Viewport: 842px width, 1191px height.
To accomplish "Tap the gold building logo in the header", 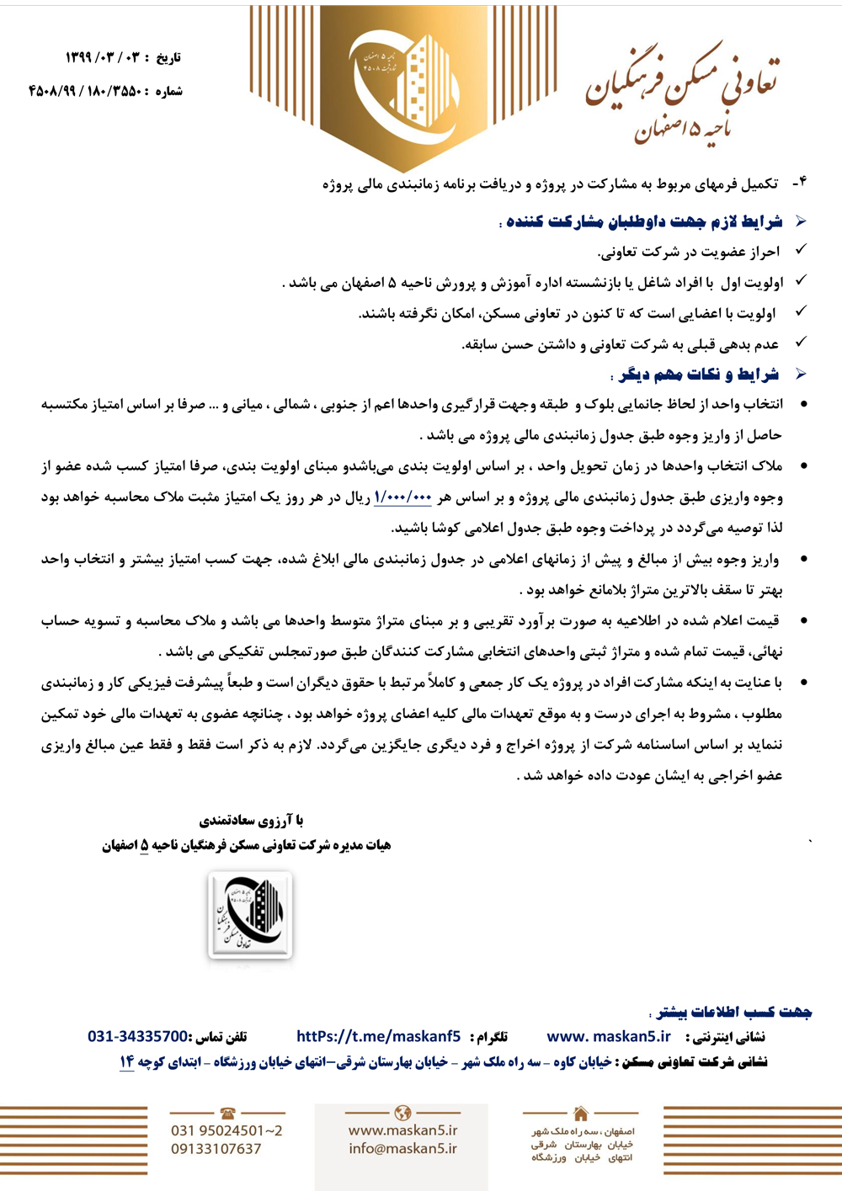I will pyautogui.click(x=404, y=84).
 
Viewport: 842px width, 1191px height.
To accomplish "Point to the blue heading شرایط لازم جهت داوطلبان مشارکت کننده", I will pyautogui.click(x=644, y=221).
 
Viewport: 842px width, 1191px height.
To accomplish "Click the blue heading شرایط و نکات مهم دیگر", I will pyautogui.click(x=699, y=375).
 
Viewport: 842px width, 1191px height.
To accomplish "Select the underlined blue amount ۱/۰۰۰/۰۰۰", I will pyautogui.click(x=402, y=497).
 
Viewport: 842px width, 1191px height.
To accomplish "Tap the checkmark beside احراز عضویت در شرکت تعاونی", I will pyautogui.click(x=801, y=250).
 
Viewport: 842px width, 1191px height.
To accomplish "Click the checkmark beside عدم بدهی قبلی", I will pyautogui.click(x=801, y=343).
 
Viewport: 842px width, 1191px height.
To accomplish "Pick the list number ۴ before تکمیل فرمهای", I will pyautogui.click(x=799, y=183).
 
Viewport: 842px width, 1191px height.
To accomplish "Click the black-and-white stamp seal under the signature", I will pyautogui.click(x=250, y=915).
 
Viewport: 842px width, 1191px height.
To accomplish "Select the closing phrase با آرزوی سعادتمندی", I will pyautogui.click(x=250, y=820).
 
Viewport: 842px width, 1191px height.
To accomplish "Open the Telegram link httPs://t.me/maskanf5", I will pyautogui.click(x=378, y=1036).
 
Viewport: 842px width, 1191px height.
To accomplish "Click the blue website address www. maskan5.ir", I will pyautogui.click(x=609, y=1036).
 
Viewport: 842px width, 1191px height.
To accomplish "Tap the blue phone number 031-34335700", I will pyautogui.click(x=138, y=1036).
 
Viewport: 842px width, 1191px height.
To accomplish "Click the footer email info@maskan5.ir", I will pyautogui.click(x=402, y=1148).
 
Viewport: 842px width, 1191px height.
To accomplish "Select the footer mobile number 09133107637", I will pyautogui.click(x=216, y=1149).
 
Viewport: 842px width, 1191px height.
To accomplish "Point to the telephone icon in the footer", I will pyautogui.click(x=227, y=1113).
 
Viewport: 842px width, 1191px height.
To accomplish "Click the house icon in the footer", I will pyautogui.click(x=581, y=1113).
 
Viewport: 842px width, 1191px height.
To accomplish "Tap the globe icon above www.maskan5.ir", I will pyautogui.click(x=402, y=1113).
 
